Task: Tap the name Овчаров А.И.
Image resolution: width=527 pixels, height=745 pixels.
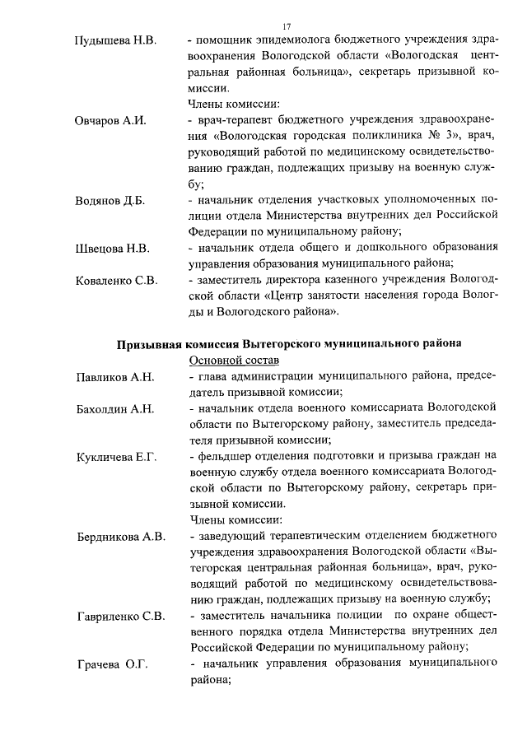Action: (x=110, y=121)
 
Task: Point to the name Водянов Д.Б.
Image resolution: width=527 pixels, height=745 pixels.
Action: (x=110, y=201)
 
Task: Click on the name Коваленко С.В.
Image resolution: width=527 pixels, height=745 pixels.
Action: (x=116, y=281)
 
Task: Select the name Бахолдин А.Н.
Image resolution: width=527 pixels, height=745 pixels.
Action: (x=114, y=409)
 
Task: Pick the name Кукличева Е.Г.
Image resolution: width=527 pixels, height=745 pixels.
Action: (x=115, y=456)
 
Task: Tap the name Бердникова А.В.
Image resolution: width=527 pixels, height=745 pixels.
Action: (x=120, y=537)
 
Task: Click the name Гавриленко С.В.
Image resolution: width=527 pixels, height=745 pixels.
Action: (x=120, y=616)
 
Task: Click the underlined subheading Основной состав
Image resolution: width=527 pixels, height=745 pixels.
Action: (x=235, y=361)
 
